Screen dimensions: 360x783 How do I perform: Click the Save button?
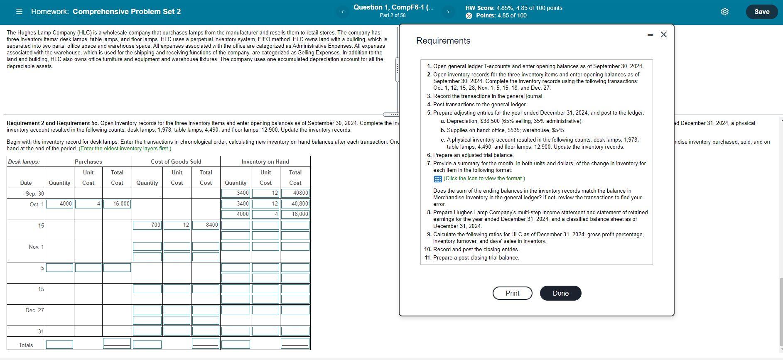click(x=761, y=12)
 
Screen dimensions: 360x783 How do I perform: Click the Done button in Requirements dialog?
click(x=560, y=293)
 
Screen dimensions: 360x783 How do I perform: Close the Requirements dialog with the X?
click(x=663, y=34)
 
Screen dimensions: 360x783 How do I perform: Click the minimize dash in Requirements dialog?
click(x=650, y=35)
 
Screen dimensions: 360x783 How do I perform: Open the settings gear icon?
click(x=724, y=12)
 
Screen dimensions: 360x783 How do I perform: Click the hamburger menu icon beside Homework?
click(x=19, y=12)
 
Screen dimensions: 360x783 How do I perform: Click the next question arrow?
click(x=448, y=12)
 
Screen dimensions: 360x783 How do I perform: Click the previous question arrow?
click(x=342, y=12)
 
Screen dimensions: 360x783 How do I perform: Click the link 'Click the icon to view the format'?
click(x=484, y=179)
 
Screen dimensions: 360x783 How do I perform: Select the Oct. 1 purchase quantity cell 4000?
click(x=59, y=204)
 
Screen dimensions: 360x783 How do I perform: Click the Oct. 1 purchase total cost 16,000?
click(x=117, y=204)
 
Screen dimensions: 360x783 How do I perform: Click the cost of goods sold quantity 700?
click(x=147, y=225)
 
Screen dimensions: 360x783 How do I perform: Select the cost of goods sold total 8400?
click(x=206, y=225)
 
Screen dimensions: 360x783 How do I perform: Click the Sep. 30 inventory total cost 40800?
click(x=295, y=193)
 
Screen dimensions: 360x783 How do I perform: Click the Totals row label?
click(x=26, y=345)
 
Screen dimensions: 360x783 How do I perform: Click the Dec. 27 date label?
click(x=34, y=310)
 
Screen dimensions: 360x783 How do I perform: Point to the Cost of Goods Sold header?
click(x=176, y=162)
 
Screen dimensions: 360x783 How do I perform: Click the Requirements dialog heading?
click(x=443, y=41)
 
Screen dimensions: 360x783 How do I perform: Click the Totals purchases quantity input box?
click(x=59, y=345)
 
